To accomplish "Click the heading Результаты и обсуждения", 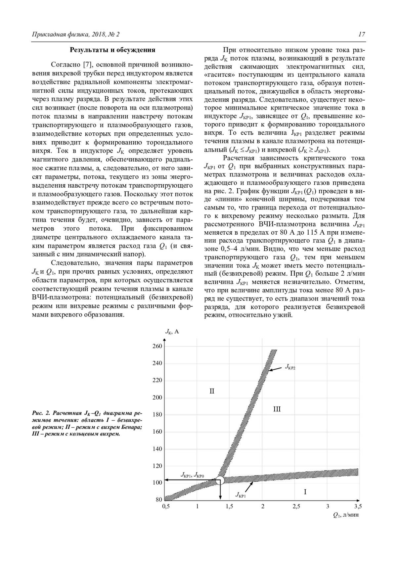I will tap(112, 50).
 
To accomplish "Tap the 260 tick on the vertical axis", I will tap(157, 346).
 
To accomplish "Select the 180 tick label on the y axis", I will tap(157, 414).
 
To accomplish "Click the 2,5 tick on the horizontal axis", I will tap(296, 506).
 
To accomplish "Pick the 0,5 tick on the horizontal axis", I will tap(166, 506).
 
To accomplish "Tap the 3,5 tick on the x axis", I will tap(358, 506).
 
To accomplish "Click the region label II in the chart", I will tap(212, 391).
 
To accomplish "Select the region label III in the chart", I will tap(277, 409).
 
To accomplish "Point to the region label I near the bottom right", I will tap(305, 492).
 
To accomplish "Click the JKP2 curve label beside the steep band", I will tap(290, 367).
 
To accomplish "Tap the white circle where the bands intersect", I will tap(220, 480).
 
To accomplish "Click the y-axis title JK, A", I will tap(172, 332).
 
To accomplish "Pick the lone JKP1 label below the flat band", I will tap(241, 494).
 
